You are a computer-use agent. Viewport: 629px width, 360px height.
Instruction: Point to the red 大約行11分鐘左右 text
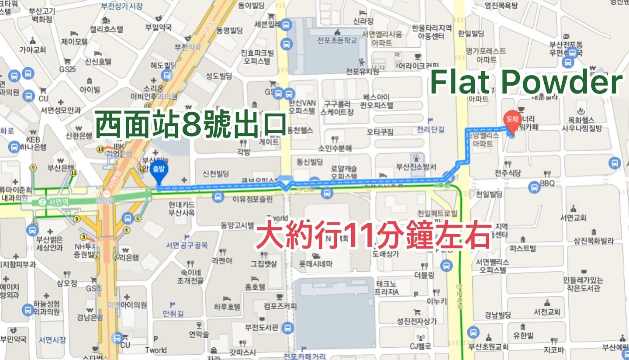click(x=373, y=236)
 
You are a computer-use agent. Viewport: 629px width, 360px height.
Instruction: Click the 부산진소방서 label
click(x=416, y=167)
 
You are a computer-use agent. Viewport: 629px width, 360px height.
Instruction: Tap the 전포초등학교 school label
click(x=337, y=41)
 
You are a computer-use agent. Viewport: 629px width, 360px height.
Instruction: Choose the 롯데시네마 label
click(x=315, y=264)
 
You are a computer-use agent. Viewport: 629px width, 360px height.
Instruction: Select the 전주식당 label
click(x=508, y=173)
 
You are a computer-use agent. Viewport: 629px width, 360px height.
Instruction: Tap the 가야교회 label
click(x=33, y=50)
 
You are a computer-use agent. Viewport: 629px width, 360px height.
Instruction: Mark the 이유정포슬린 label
click(x=249, y=199)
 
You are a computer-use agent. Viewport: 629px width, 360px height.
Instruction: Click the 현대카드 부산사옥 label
click(x=182, y=208)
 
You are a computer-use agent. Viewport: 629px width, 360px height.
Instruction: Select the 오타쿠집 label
click(x=380, y=132)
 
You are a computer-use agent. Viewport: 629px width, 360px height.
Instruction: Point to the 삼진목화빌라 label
click(x=594, y=241)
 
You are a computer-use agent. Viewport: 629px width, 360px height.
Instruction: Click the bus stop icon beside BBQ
click(x=534, y=187)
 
